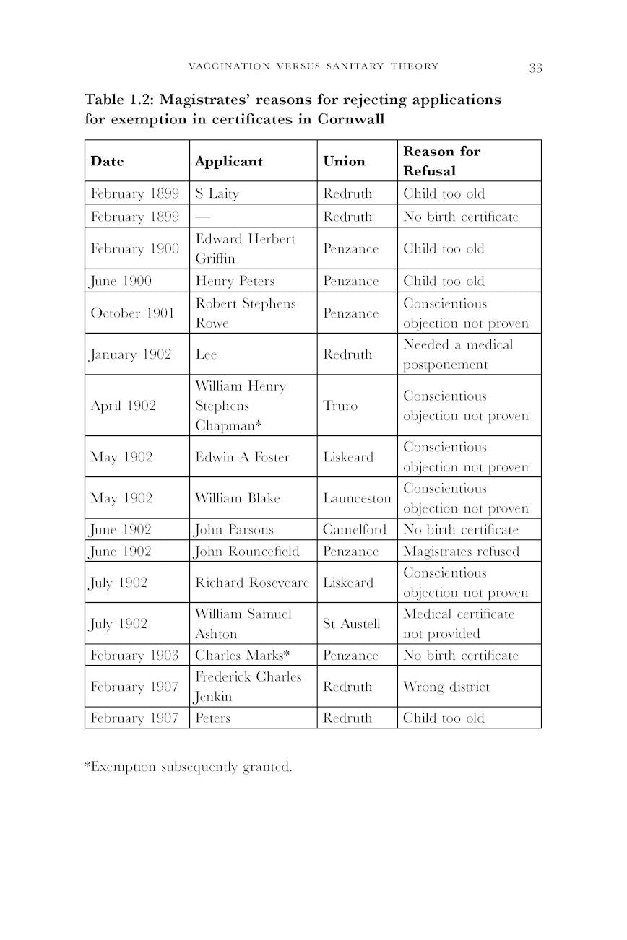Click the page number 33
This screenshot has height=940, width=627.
[x=535, y=68]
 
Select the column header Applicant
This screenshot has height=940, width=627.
[x=228, y=161]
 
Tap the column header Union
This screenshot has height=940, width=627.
[x=344, y=161]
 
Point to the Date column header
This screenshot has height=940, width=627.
[x=107, y=161]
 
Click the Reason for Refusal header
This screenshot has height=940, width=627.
[x=441, y=161]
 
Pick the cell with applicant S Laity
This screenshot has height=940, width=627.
[x=217, y=193]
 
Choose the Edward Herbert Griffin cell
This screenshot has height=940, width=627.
[x=246, y=248]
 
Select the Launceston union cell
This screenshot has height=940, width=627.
[x=357, y=498]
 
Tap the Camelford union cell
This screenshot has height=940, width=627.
[x=355, y=529]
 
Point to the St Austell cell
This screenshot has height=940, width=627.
[x=351, y=624]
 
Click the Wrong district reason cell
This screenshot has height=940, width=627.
[x=446, y=687]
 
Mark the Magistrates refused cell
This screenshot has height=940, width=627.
[x=461, y=552]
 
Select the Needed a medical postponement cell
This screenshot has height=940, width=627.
[x=458, y=354]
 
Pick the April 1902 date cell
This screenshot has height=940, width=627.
[x=123, y=406]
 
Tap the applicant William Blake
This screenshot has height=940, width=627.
[x=238, y=498]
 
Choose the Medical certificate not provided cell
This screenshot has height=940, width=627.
[x=459, y=624]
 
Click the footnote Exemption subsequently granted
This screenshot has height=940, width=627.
[x=189, y=767]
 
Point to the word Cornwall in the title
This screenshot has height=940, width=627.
[x=350, y=119]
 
